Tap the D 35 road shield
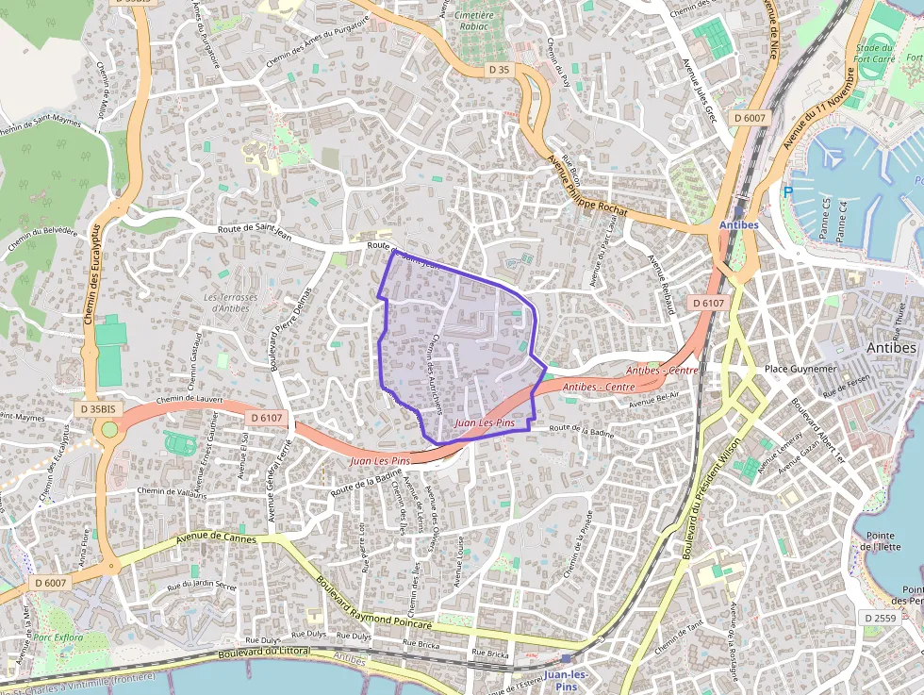pyautogui.click(x=500, y=70)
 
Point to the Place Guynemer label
pyautogui.click(x=800, y=369)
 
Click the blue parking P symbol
pyautogui.click(x=788, y=192)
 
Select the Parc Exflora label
pyautogui.click(x=58, y=637)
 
